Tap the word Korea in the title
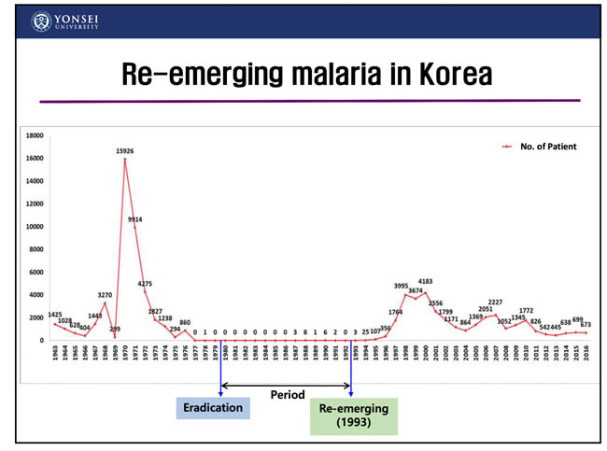click(x=454, y=74)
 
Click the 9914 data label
click(x=135, y=219)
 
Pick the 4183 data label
click(x=425, y=281)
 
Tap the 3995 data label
click(x=402, y=286)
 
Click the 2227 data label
click(x=495, y=303)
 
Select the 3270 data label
click(x=105, y=295)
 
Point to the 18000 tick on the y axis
click(x=33, y=135)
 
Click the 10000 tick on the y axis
click(x=33, y=227)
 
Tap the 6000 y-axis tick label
click(x=35, y=273)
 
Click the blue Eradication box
click(x=213, y=408)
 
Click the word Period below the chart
click(x=287, y=395)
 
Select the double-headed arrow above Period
click(x=285, y=384)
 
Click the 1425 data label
click(x=55, y=315)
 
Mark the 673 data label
click(x=586, y=324)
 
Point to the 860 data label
click(x=185, y=322)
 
